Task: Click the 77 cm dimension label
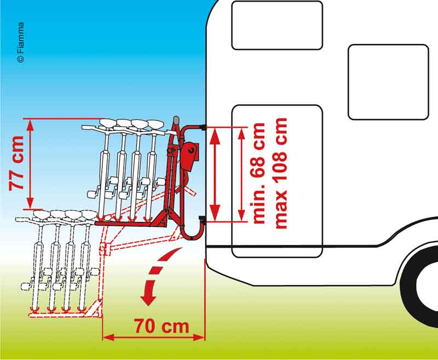16,163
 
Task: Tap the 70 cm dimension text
162,326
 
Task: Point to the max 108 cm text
280,174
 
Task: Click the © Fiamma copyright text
21,42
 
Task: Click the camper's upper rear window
277,25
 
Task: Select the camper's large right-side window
388,82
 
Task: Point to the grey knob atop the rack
176,120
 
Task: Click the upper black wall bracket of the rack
203,128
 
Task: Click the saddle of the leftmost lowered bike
42,214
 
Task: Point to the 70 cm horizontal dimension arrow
154,337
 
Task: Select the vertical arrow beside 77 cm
30,164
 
